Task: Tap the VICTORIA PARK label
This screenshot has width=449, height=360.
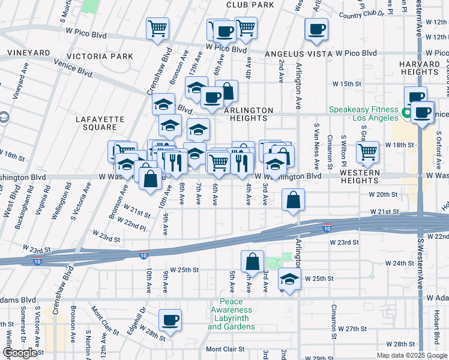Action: pos(109,56)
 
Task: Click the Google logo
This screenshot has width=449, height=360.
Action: pos(20,353)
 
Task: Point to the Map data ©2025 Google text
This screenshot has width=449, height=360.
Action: pos(412,355)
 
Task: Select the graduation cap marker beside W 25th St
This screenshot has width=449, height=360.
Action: pos(289,279)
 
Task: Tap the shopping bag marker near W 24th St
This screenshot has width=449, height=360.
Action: pos(252,261)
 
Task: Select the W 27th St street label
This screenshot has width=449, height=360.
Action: pos(352,329)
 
